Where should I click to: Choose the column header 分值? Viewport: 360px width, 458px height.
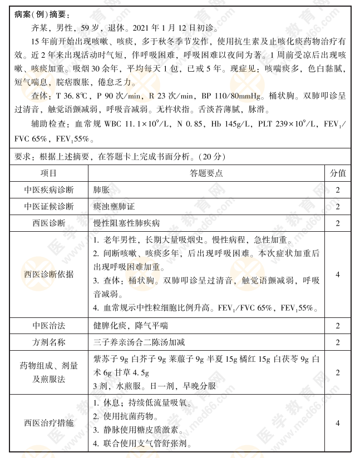coord(338,173)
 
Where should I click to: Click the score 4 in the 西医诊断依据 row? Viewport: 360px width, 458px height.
coord(338,274)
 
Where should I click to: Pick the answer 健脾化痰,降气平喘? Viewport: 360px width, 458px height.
coord(130,326)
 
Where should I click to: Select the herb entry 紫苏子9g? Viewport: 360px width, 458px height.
coord(108,359)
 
